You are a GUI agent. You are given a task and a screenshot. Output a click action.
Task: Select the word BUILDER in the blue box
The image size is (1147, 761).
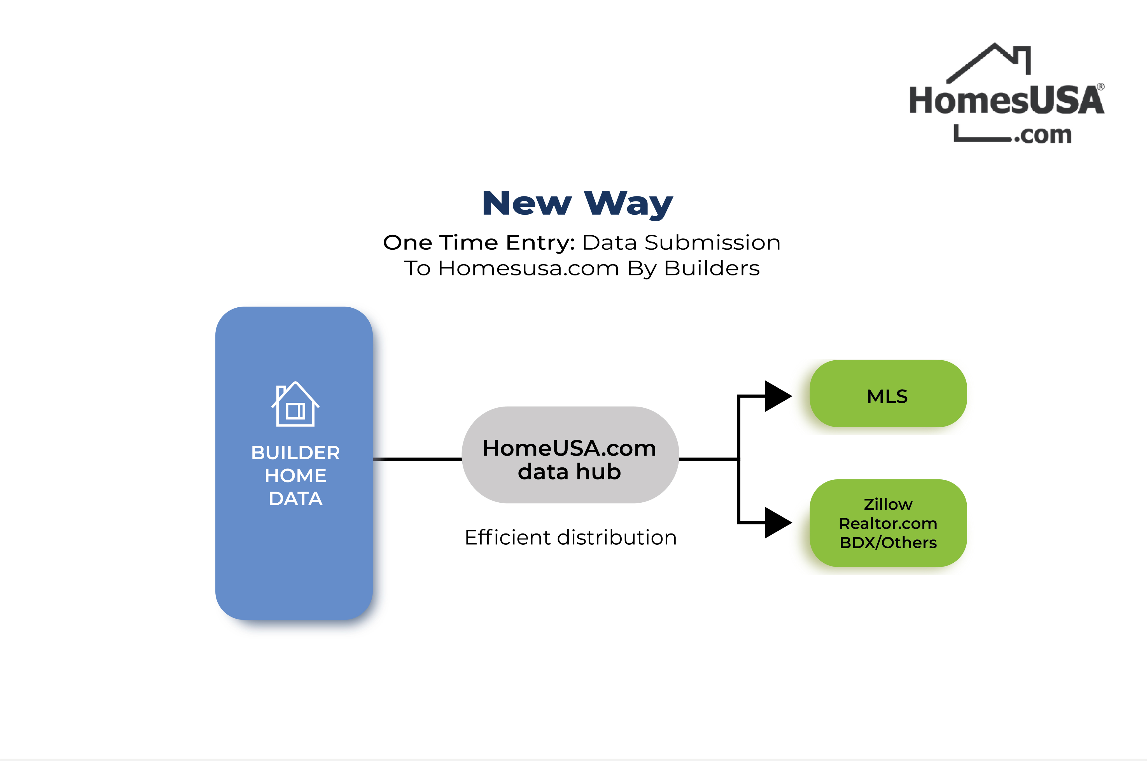pos(295,453)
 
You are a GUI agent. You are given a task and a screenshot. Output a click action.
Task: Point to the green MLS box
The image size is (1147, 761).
pos(887,394)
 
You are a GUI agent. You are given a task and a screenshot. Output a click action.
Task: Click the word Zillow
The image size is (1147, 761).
pos(887,505)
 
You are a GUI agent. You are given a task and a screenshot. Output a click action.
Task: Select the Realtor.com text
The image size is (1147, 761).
pos(887,524)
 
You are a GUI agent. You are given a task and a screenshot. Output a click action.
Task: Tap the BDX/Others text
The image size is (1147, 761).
pos(887,543)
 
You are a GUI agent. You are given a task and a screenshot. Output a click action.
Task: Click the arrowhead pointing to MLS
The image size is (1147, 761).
pos(777,396)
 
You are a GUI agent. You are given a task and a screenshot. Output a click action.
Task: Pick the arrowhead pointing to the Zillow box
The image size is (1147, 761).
pos(777,523)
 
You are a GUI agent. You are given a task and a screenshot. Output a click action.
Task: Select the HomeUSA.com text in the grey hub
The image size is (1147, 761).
pos(569,448)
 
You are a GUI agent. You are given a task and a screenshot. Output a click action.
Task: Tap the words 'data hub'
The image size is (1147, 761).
pos(569,472)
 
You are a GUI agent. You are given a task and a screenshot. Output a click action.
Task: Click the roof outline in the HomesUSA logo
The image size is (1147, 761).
pos(989,61)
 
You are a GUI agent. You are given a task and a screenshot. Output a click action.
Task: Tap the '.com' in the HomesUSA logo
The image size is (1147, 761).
pos(1043,135)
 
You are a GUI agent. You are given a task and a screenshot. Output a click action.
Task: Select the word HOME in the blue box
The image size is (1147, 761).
pos(295,476)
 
